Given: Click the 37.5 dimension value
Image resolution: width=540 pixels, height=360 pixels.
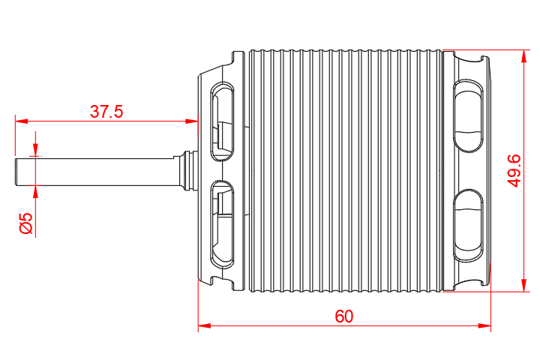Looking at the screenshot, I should coord(106,112).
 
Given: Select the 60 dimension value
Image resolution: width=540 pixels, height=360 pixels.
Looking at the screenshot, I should coord(343,316).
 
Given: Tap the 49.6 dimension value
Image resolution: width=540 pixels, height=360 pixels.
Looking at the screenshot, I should coord(514,170).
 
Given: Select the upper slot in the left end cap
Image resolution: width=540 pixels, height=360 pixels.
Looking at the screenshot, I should coord(223,120).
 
